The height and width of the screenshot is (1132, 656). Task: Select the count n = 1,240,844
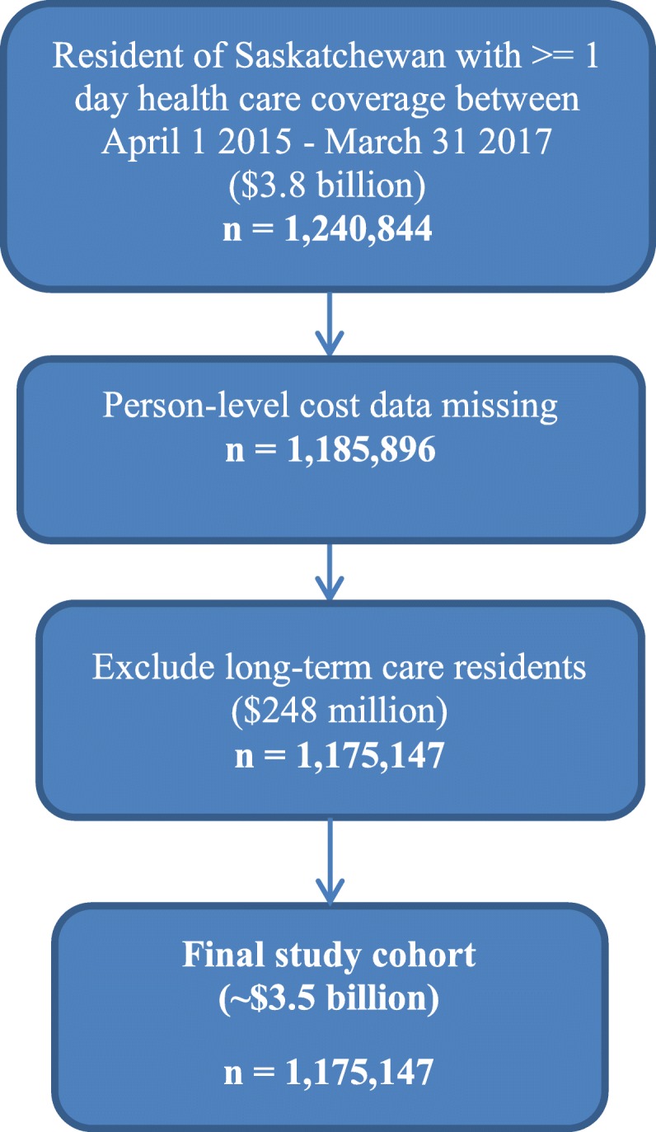(328, 227)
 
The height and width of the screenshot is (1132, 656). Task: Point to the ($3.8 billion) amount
(328, 185)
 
